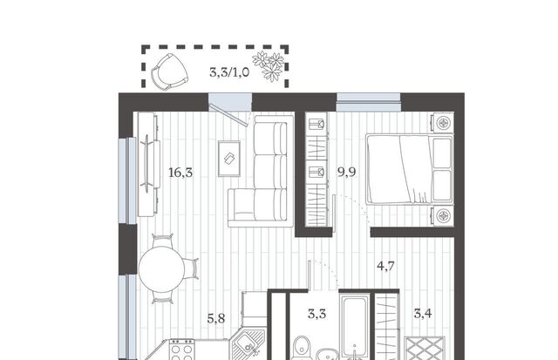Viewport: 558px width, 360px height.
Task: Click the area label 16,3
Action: click(x=180, y=173)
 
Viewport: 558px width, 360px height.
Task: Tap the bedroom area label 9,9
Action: click(x=347, y=173)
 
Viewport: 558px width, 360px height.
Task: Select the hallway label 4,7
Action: click(x=385, y=266)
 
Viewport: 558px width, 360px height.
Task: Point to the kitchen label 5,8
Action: click(x=216, y=318)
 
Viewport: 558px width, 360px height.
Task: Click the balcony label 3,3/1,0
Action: click(x=229, y=72)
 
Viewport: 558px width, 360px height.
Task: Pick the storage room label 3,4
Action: click(x=423, y=314)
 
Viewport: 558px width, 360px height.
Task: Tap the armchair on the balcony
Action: click(x=169, y=71)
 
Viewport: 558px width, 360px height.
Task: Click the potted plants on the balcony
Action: click(x=269, y=65)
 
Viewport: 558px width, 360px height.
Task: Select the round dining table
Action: click(x=161, y=269)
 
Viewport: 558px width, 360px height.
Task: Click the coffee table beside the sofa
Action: click(x=229, y=159)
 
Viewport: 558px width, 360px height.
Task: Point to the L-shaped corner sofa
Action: click(x=262, y=171)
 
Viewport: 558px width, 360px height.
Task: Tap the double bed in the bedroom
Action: click(x=409, y=169)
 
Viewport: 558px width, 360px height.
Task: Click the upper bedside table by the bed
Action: click(x=443, y=124)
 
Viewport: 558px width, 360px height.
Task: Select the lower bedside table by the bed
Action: click(x=443, y=215)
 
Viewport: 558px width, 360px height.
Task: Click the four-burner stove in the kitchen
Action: click(x=181, y=350)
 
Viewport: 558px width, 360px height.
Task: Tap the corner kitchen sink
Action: click(x=248, y=346)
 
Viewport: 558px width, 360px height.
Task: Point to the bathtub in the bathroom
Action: click(x=355, y=328)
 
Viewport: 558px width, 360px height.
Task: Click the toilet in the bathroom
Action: click(x=302, y=348)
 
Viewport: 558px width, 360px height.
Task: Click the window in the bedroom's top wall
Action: click(x=369, y=102)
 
